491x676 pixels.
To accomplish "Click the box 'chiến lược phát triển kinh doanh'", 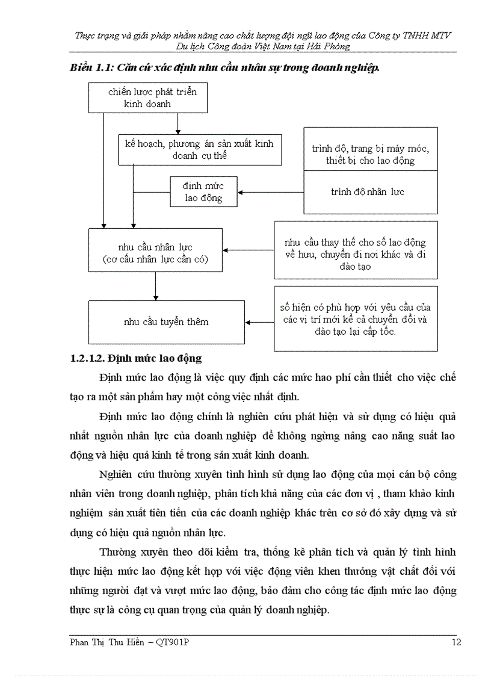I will pyautogui.click(x=148, y=98).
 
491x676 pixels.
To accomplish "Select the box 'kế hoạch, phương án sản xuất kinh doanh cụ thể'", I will pyautogui.click(x=199, y=149).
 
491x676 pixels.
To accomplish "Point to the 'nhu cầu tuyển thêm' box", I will pyautogui.click(x=167, y=322).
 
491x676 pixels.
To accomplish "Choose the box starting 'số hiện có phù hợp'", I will pyautogui.click(x=356, y=318).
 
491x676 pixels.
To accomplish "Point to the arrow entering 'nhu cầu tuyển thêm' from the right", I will pyautogui.click(x=259, y=322).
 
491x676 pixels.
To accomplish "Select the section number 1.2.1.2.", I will pyautogui.click(x=91, y=359).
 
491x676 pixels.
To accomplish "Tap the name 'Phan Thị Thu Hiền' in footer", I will pyautogui.click(x=107, y=643).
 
